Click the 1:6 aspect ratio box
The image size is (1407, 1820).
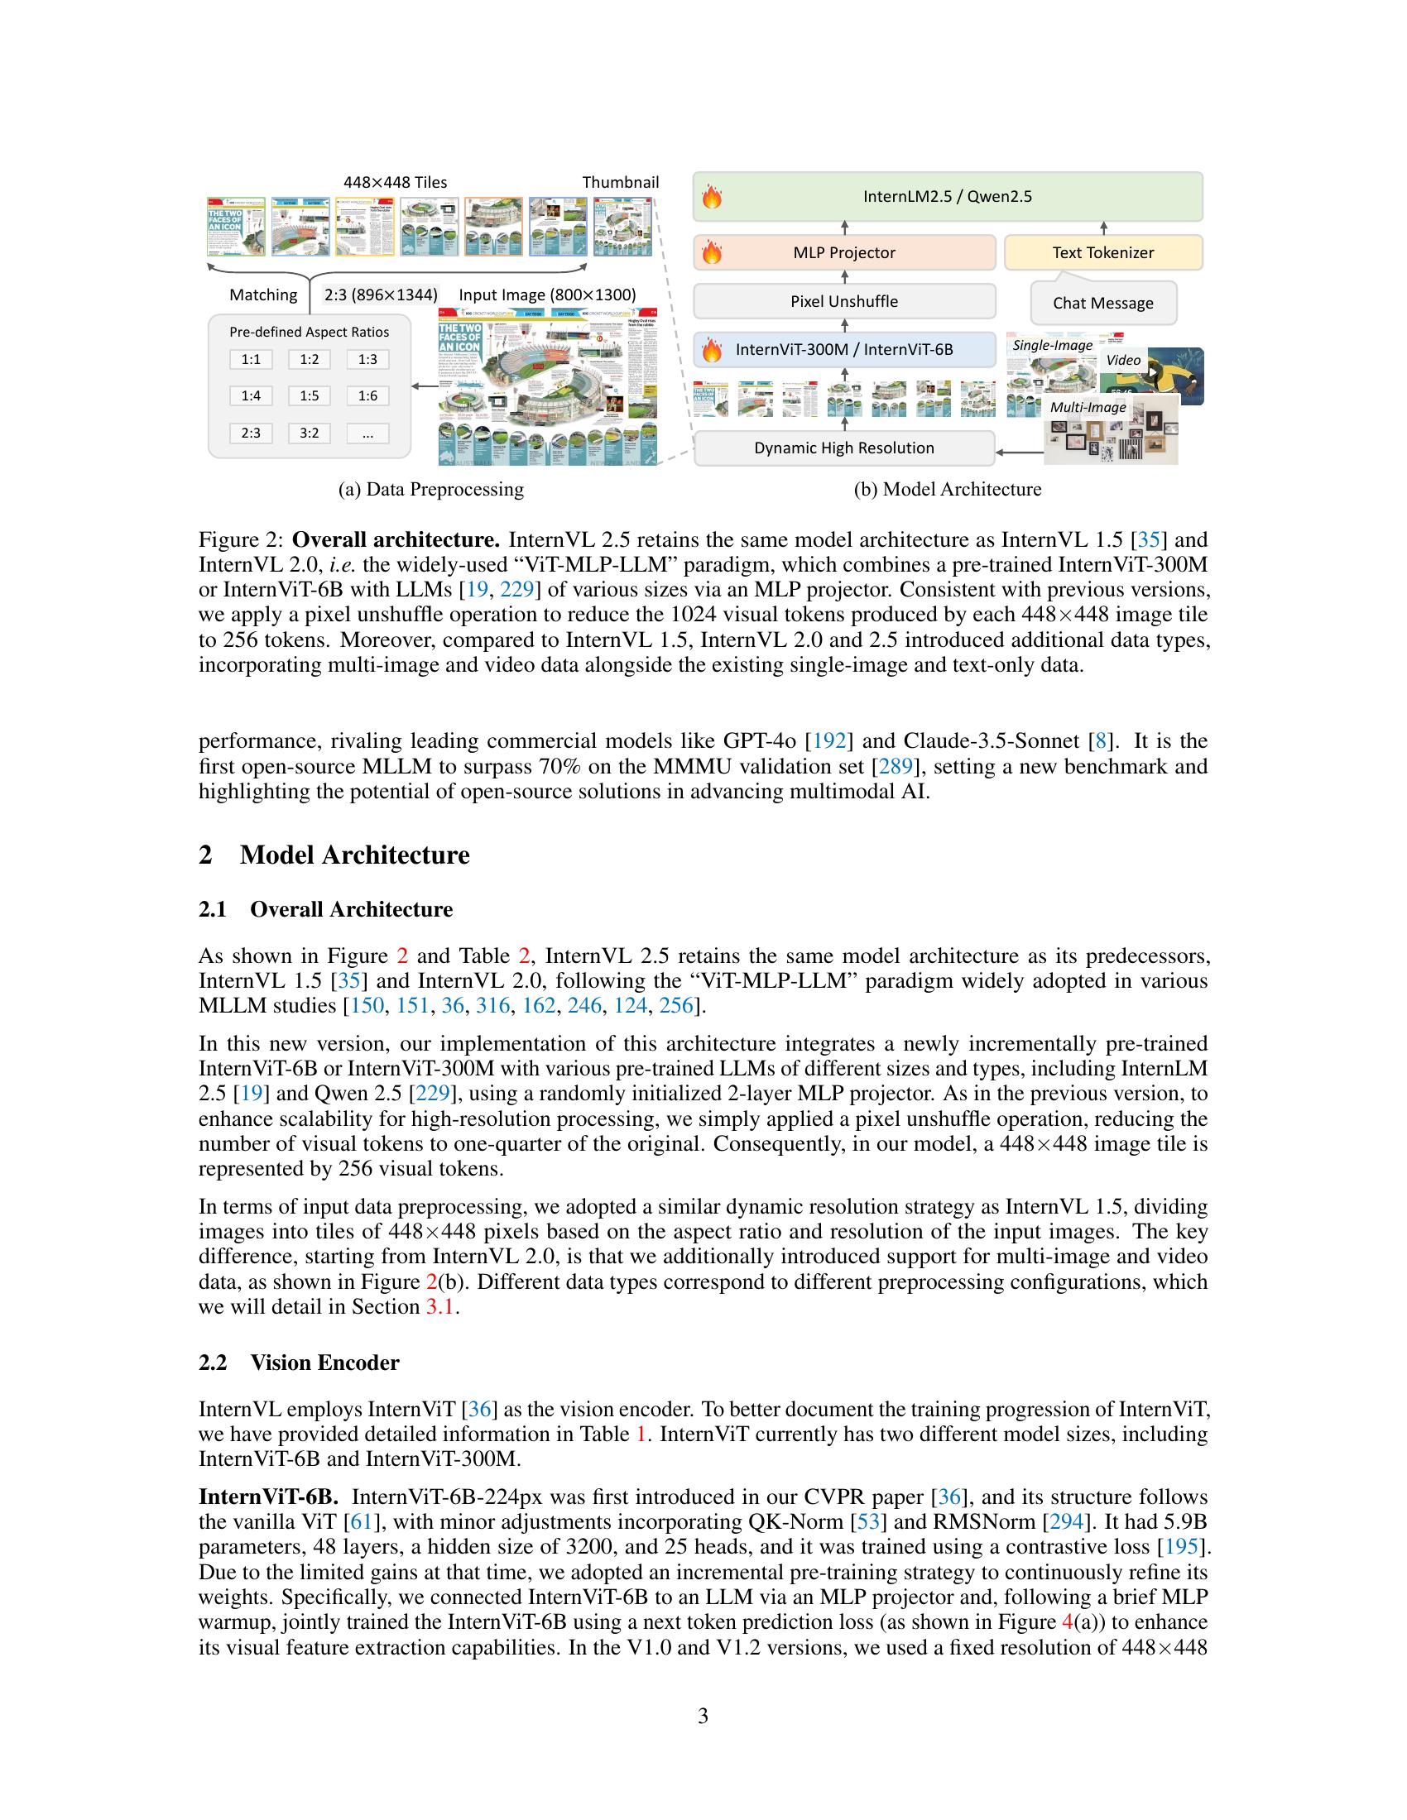coord(367,395)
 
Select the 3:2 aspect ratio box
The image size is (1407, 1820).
coord(310,433)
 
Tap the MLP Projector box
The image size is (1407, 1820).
coord(844,252)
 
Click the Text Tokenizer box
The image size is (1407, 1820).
coord(1102,252)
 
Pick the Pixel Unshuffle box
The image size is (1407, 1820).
coord(844,302)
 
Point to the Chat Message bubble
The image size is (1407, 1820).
coord(1102,304)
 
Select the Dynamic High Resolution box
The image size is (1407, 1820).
coord(844,448)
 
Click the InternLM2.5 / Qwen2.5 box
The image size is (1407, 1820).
coord(948,197)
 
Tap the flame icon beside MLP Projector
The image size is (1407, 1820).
coord(712,252)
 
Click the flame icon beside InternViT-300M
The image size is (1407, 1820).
coord(712,350)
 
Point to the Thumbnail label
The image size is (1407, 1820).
coord(620,183)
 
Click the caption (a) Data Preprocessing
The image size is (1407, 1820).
coord(431,489)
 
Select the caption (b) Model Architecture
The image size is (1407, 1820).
coord(948,489)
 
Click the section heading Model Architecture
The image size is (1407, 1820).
coord(354,855)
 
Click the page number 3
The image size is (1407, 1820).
coord(703,1716)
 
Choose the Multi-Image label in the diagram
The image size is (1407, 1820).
coord(1088,408)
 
